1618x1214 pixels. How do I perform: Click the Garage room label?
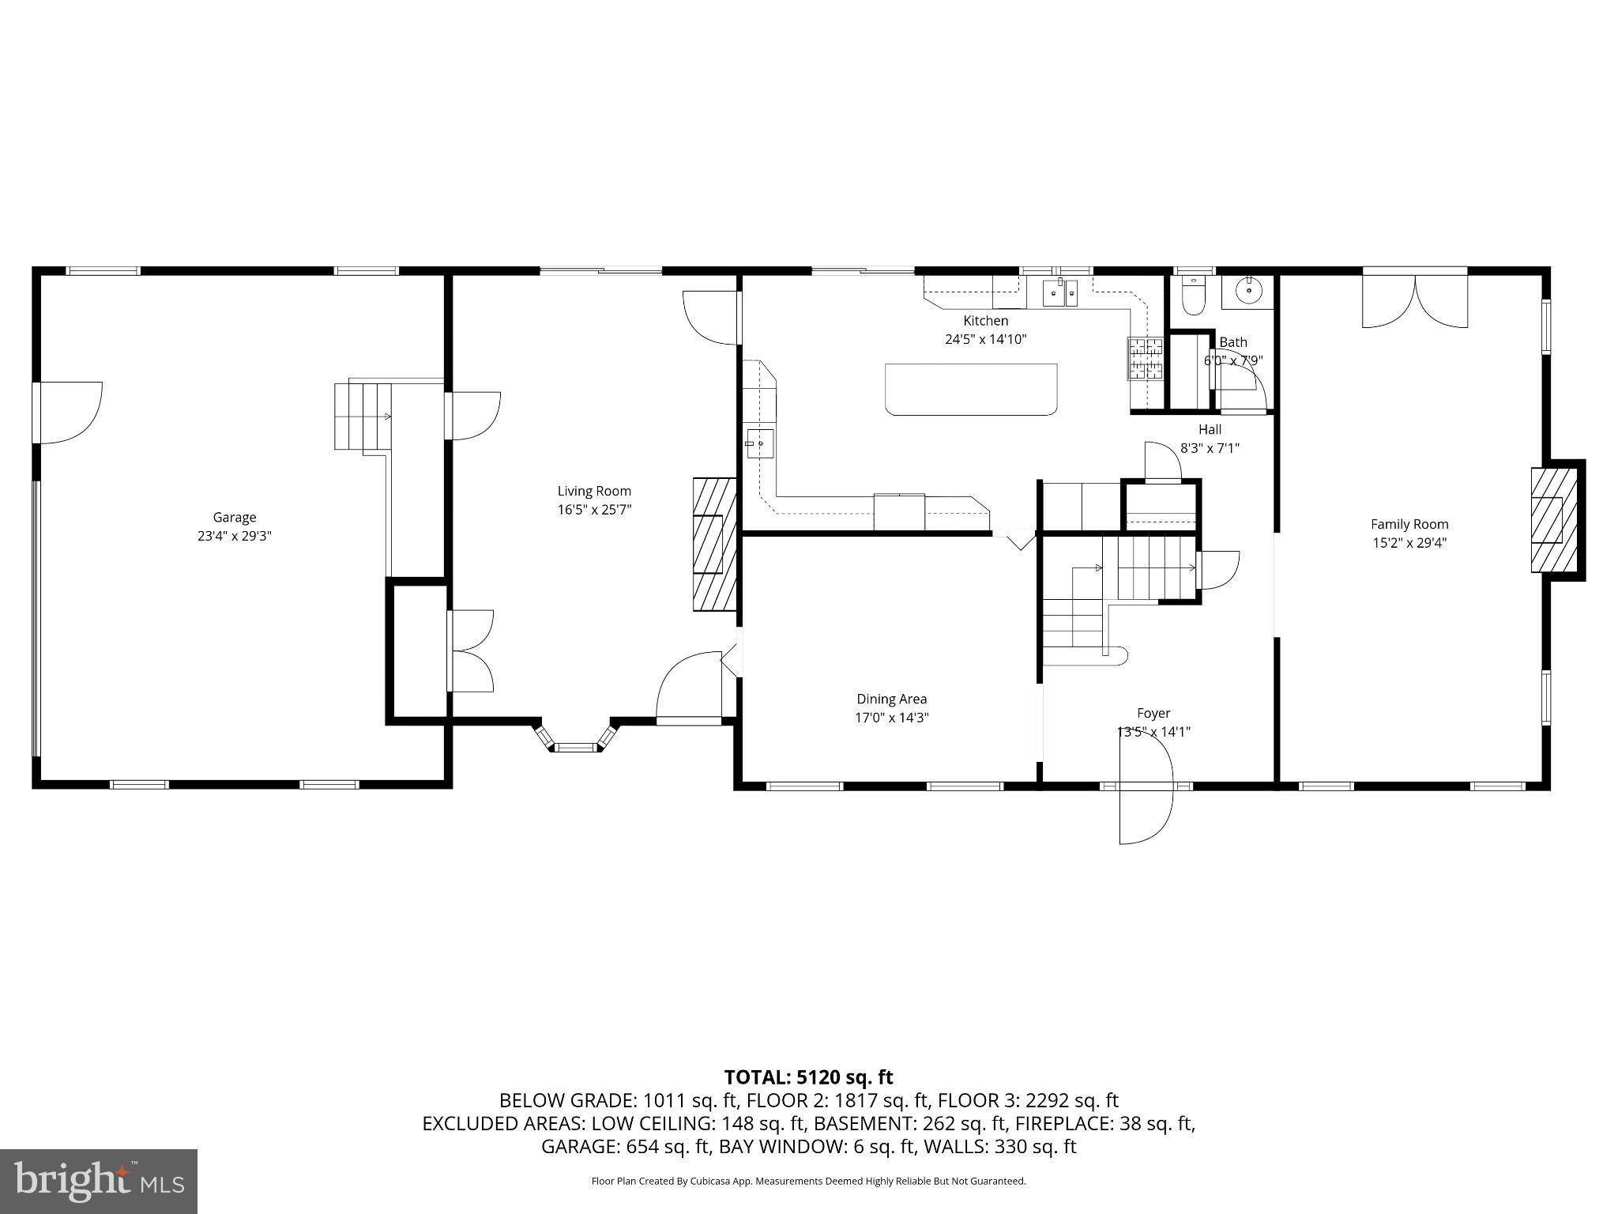click(234, 517)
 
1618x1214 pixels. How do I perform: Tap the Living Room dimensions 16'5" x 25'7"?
click(594, 510)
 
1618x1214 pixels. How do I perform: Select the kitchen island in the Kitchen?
click(971, 389)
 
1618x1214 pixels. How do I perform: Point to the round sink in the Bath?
click(1248, 291)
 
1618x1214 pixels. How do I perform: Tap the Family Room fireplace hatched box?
click(1554, 520)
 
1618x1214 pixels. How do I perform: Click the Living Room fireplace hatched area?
click(714, 544)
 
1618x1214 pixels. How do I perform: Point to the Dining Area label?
click(891, 699)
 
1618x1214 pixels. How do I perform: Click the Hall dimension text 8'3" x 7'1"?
click(1210, 448)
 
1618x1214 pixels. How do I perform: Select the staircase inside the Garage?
click(363, 416)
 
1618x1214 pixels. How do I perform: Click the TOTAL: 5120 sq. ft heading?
click(808, 1076)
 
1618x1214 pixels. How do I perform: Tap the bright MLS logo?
click(99, 1181)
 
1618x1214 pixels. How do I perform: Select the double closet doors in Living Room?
click(472, 650)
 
